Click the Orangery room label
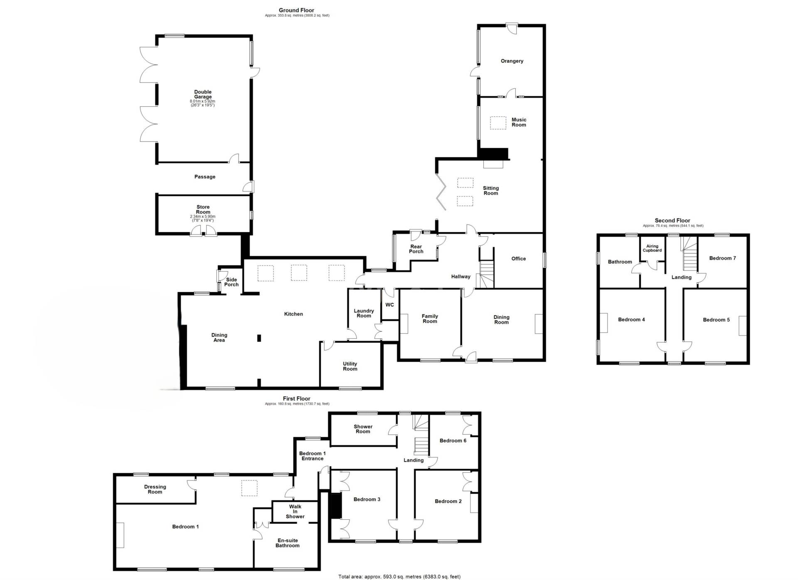pyautogui.click(x=512, y=61)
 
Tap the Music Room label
pyautogui.click(x=519, y=122)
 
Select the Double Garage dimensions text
pyautogui.click(x=202, y=103)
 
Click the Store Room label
pyautogui.click(x=203, y=209)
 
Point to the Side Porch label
pyautogui.click(x=232, y=282)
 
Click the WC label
pyautogui.click(x=389, y=305)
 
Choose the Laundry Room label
pyautogui.click(x=364, y=313)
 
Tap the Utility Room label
pyautogui.click(x=350, y=366)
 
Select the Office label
pyautogui.click(x=518, y=259)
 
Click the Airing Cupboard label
pyautogui.click(x=652, y=248)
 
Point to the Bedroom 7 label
pyautogui.click(x=722, y=258)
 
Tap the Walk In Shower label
pyautogui.click(x=295, y=511)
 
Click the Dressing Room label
pyautogui.click(x=155, y=489)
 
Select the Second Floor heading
pyautogui.click(x=672, y=221)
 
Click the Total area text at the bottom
pyautogui.click(x=399, y=577)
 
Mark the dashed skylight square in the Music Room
pyautogui.click(x=498, y=123)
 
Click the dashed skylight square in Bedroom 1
pyautogui.click(x=249, y=488)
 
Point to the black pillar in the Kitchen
pyautogui.click(x=259, y=338)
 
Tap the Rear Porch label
pyautogui.click(x=416, y=249)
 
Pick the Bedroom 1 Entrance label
pyautogui.click(x=312, y=456)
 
